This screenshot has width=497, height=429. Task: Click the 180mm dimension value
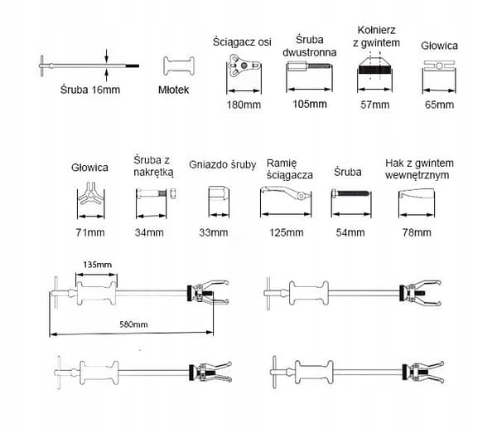coord(244,105)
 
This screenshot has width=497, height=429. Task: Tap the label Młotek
coord(173,90)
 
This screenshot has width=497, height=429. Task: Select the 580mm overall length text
coord(133,324)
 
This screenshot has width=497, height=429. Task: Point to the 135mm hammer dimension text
coord(97,265)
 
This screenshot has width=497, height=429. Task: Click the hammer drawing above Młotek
coord(179,66)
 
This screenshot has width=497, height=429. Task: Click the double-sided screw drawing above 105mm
coord(309,66)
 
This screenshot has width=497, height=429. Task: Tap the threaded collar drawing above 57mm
coord(375,67)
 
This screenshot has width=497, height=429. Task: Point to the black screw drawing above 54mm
coord(350,193)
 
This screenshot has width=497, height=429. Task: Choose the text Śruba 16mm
coord(90,90)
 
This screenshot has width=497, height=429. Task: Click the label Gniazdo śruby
coord(223,165)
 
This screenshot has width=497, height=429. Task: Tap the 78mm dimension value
coord(417,232)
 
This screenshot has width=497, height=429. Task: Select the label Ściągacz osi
coord(242,42)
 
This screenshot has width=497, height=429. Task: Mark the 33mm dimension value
coord(214,232)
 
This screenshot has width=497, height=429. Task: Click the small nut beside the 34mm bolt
coord(173,193)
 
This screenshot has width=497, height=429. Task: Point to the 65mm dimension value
coord(439,105)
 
